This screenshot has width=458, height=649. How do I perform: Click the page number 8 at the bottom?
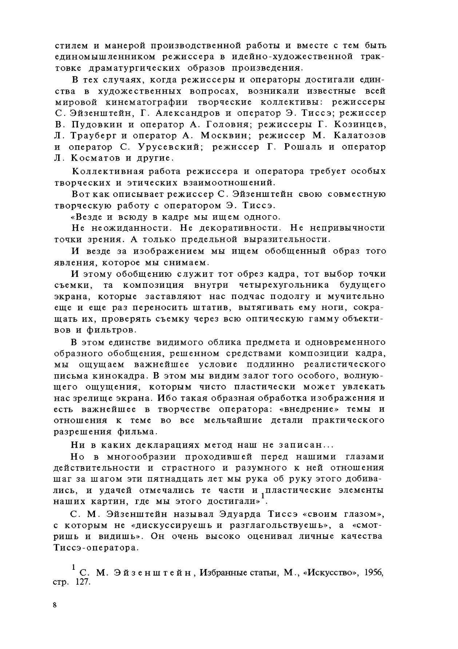coord(55,605)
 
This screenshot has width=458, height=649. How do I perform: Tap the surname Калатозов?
coord(357,136)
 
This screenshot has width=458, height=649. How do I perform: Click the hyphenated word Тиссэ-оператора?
coord(96,548)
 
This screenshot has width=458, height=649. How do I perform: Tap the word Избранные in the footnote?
coord(222,573)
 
